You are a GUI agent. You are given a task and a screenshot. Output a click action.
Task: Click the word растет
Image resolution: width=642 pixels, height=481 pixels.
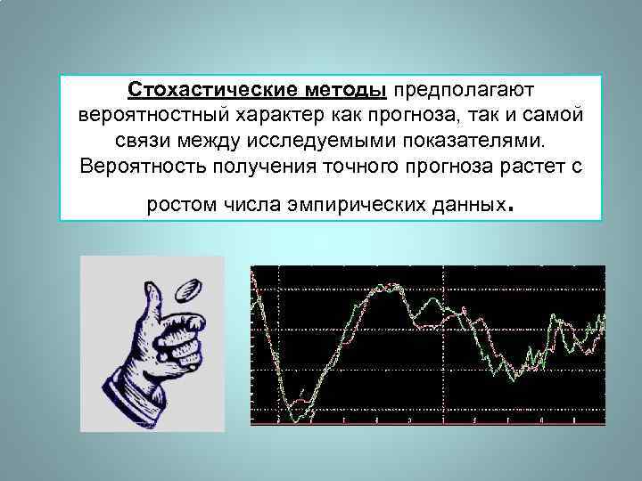click(521, 167)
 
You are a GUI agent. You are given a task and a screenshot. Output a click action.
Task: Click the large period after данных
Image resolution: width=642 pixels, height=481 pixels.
click(509, 211)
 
